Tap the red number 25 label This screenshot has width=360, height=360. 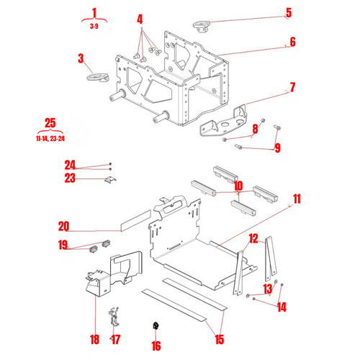point(50,122)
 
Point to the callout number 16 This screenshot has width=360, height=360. point(156,345)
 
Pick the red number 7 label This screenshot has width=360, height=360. point(292,88)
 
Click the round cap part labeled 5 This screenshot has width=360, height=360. point(200,27)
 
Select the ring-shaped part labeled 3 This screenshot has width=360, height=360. point(95,76)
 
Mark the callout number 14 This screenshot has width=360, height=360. point(281,307)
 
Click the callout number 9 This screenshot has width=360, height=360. point(276,148)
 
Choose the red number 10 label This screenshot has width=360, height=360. point(238,185)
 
